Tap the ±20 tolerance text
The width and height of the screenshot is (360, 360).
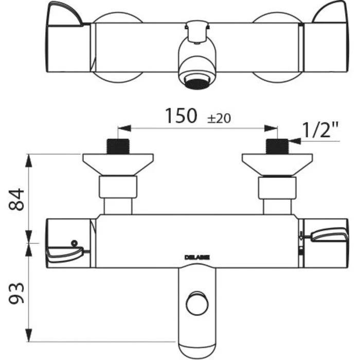tap(219, 118)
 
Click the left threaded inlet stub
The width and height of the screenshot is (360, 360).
tap(118, 146)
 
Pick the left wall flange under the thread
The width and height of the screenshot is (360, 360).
tap(118, 164)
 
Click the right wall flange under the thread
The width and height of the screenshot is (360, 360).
tap(277, 164)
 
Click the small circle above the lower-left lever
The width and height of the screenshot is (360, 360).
tap(74, 242)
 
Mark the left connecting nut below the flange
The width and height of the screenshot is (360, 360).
tap(118, 188)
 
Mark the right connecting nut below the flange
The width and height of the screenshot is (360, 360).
tap(277, 188)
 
